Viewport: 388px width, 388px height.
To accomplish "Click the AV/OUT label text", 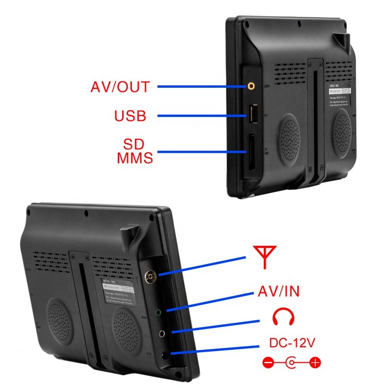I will (x=120, y=87).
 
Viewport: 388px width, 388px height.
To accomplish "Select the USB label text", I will (x=130, y=116).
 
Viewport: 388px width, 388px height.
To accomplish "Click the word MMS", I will (x=135, y=158).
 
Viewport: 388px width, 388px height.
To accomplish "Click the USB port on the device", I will (x=253, y=114).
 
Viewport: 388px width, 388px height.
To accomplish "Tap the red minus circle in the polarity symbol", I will (x=268, y=362).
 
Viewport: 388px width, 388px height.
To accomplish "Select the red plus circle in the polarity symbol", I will (x=315, y=362).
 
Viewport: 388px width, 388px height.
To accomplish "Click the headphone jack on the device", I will (x=163, y=333).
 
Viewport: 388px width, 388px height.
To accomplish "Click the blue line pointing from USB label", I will (x=204, y=115).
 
